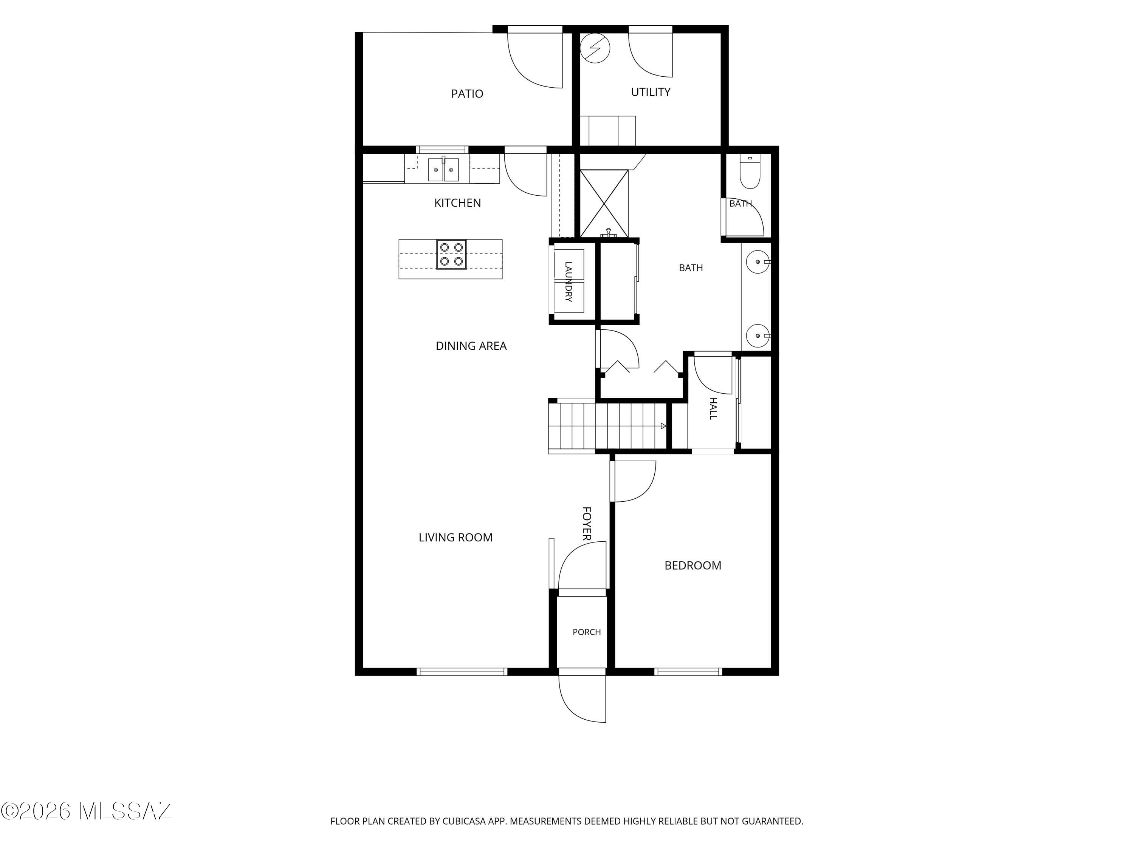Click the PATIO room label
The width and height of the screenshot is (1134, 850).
[x=467, y=94]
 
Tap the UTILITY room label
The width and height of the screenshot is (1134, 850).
[x=651, y=92]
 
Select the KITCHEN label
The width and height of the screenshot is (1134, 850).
[x=457, y=203]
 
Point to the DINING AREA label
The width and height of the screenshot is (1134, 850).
[x=471, y=346]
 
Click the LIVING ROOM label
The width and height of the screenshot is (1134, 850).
[x=455, y=538]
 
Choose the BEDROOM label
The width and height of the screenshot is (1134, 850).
[x=692, y=566]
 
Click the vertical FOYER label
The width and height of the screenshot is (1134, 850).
[x=587, y=524]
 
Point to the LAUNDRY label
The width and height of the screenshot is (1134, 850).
[x=568, y=282]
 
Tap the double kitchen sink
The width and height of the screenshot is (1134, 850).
[x=443, y=170]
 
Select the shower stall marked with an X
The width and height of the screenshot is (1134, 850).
[x=604, y=203]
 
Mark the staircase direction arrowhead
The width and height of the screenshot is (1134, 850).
[x=664, y=426]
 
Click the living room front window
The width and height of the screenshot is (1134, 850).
[x=462, y=672]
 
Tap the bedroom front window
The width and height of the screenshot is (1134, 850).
[x=688, y=672]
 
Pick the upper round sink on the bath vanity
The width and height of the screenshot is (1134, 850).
[x=758, y=262]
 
